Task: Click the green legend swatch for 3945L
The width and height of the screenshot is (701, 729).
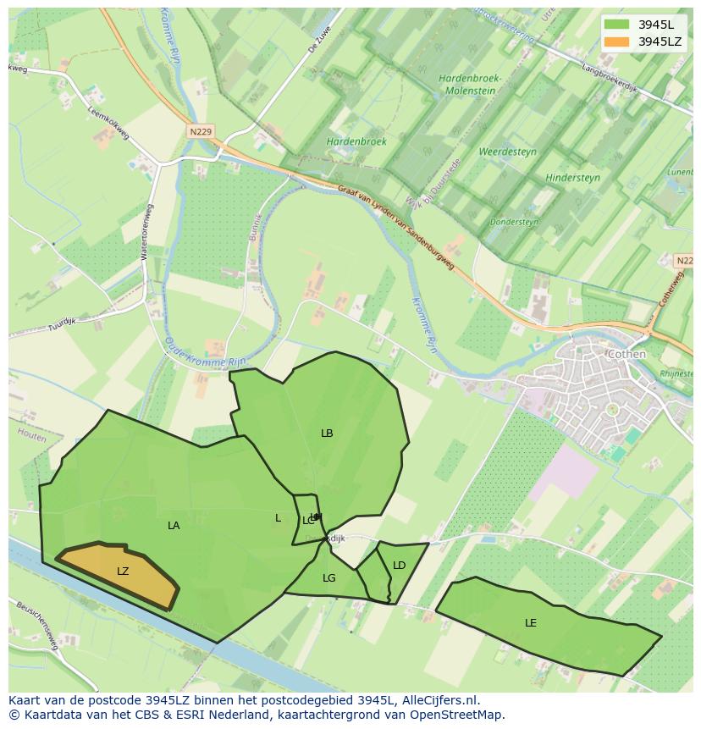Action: [x=617, y=25]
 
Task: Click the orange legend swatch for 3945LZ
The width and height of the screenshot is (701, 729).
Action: [x=617, y=41]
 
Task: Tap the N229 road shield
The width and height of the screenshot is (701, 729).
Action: [x=201, y=131]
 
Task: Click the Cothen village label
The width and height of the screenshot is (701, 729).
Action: [x=626, y=354]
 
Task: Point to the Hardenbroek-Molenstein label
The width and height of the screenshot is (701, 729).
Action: [x=471, y=85]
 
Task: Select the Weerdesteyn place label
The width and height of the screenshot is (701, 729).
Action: [x=508, y=152]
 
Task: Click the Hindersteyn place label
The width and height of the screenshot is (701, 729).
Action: [x=573, y=178]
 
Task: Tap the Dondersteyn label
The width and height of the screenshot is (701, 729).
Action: [x=514, y=223]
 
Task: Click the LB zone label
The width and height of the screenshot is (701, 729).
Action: [x=327, y=434]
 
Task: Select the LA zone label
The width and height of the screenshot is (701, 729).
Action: [x=174, y=526]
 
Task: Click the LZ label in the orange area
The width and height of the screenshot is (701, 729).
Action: [x=123, y=572]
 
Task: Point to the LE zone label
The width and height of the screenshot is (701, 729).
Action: [x=531, y=623]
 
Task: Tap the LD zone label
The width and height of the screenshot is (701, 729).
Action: [x=400, y=566]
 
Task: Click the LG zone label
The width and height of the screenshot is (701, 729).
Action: [x=329, y=578]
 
